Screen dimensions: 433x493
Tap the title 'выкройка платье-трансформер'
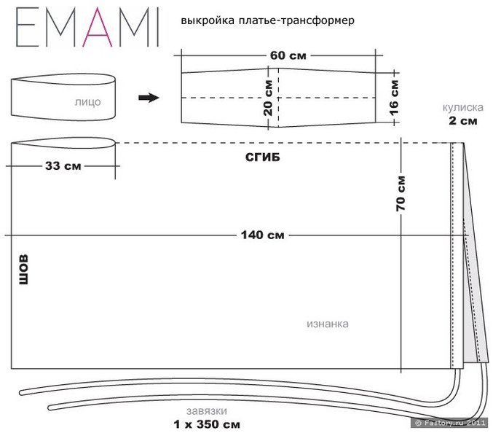pyautogui.click(x=263, y=22)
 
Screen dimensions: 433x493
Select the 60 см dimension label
pyautogui.click(x=278, y=55)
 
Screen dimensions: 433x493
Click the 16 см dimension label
pyautogui.click(x=395, y=93)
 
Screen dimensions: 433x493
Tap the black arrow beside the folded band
pyautogui.click(x=149, y=98)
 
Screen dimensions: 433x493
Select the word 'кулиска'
pyautogui.click(x=460, y=106)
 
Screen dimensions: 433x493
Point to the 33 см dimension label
pyautogui.click(x=63, y=165)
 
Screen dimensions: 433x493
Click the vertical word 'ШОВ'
pyautogui.click(x=23, y=269)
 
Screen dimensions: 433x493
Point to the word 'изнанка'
pyautogui.click(x=327, y=324)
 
